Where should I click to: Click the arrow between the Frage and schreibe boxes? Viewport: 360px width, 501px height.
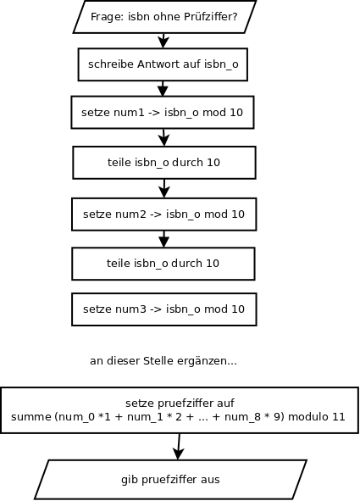(x=163, y=41)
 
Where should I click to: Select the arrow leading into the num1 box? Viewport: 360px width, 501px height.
(x=163, y=88)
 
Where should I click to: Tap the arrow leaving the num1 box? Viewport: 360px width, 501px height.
(x=163, y=137)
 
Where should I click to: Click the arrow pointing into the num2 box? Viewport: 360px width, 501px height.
(x=164, y=188)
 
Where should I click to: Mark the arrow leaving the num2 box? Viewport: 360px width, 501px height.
(x=164, y=239)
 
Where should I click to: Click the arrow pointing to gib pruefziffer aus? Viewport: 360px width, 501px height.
(x=179, y=447)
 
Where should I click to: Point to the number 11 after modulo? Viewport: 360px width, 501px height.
(x=339, y=416)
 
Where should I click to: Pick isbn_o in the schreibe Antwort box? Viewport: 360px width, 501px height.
(x=221, y=64)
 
